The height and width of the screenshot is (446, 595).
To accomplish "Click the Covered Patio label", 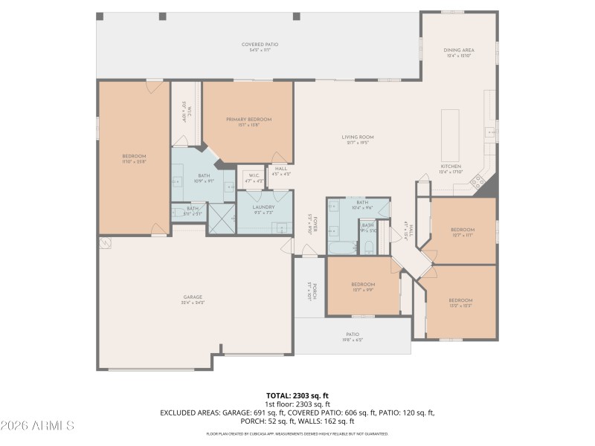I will (x=260, y=47).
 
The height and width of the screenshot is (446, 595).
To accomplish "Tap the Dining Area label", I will (x=460, y=53).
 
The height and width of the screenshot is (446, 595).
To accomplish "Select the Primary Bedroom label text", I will (x=249, y=122).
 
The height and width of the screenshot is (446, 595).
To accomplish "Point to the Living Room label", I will (x=357, y=140).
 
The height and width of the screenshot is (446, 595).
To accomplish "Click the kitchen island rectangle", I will (x=451, y=131).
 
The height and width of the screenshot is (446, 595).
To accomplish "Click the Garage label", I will (x=193, y=300).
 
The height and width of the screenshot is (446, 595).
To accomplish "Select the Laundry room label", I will (x=264, y=210).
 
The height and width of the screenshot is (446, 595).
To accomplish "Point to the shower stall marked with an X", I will (x=221, y=219).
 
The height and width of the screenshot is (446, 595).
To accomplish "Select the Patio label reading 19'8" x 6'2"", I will (x=353, y=337).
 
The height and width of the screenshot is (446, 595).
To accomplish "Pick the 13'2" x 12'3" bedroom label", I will (x=460, y=303).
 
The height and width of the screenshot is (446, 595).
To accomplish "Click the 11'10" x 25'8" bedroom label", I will (x=134, y=158).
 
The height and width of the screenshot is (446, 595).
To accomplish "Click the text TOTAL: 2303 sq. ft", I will (x=297, y=395).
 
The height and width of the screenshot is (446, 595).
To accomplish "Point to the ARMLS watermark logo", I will (x=37, y=426).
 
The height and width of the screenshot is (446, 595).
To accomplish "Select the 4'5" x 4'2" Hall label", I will (x=280, y=171).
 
